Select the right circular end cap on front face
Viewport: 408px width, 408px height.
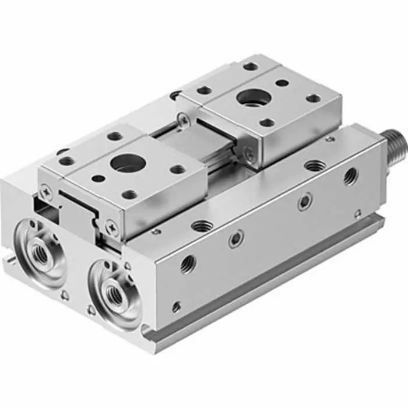tap(114, 289)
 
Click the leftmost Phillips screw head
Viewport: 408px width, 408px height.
tap(45, 189)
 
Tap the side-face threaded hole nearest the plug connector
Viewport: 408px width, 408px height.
tap(350, 175)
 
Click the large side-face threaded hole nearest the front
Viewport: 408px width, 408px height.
tap(187, 265)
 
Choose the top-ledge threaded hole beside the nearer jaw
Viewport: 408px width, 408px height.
tap(201, 225)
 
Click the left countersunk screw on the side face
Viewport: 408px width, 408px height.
tap(236, 239)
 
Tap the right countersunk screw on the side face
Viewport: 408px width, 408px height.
tap(304, 202)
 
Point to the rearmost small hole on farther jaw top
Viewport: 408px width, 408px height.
tap(251, 66)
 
